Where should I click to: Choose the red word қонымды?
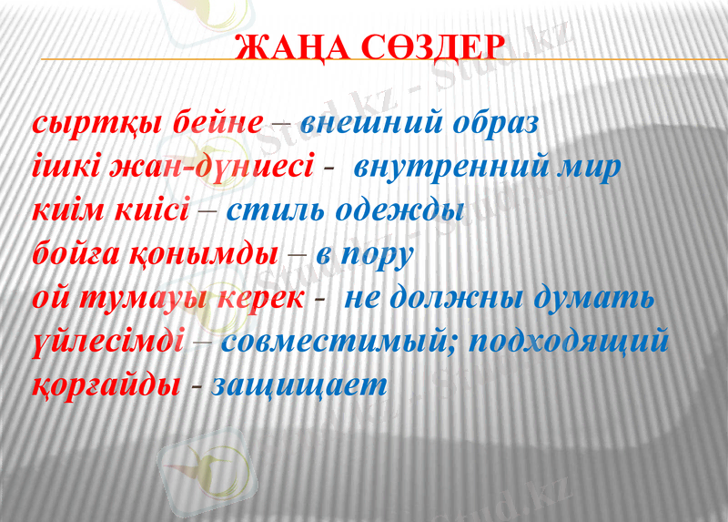(209, 255)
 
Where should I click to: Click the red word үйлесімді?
(108, 343)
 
